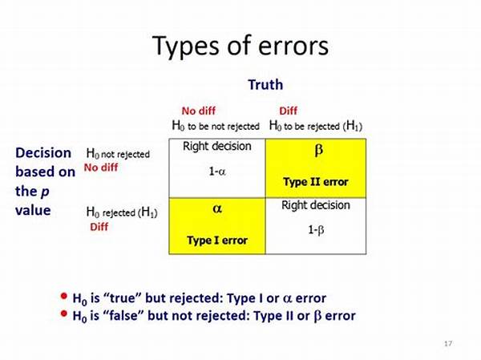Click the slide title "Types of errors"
240,46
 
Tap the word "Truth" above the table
265,85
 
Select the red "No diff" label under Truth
199,111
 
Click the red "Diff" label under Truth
288,111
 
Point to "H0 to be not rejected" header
216,126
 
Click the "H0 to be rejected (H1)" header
316,126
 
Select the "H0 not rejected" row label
118,153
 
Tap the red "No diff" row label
101,168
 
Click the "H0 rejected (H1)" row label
122,212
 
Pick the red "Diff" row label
99,227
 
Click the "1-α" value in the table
217,172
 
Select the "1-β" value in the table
316,230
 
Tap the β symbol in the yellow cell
319,151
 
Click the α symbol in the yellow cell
217,208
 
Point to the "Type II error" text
316,182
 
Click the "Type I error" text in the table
217,241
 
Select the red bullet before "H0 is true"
64,296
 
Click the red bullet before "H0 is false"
64,313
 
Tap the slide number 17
448,343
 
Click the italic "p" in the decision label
45,192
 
